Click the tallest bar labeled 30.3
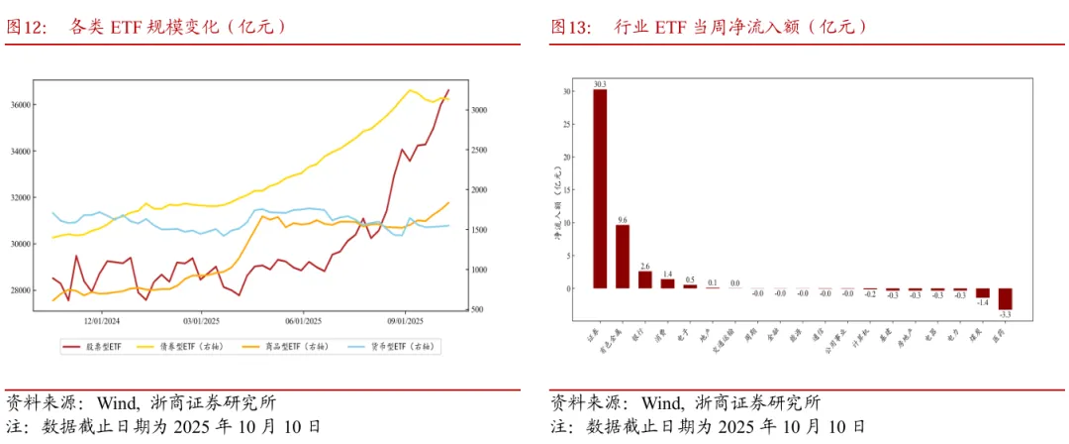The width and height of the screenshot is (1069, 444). pos(600,188)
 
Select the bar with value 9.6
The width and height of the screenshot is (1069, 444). pos(623,256)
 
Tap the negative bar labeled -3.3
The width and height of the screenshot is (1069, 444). pos(1005,299)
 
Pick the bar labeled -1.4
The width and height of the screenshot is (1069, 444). pos(982,293)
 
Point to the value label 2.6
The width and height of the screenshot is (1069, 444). pos(645,266)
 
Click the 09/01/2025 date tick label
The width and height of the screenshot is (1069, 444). pos(406,321)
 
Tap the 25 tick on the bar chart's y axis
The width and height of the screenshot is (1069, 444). pos(566,124)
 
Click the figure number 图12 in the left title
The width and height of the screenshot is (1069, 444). pos(27,27)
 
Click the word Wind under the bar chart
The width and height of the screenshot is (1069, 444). pos(661,403)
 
